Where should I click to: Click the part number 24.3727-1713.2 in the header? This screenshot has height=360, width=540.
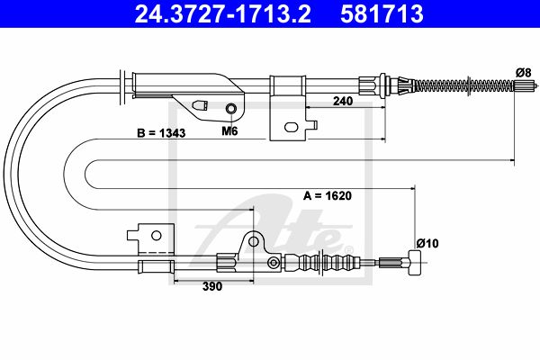[222, 13]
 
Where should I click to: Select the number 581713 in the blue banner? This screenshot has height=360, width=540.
[382, 13]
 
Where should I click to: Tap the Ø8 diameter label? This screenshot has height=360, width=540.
[524, 72]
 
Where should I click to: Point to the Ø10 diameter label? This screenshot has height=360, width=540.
[427, 244]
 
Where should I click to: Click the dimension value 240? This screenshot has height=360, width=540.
[343, 101]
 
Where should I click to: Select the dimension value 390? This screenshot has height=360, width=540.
[212, 286]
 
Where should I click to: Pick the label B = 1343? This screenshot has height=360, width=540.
[161, 133]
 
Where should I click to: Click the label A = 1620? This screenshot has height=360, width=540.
[328, 195]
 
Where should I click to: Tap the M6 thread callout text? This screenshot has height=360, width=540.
[229, 130]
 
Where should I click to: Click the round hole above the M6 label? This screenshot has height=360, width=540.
[230, 109]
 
